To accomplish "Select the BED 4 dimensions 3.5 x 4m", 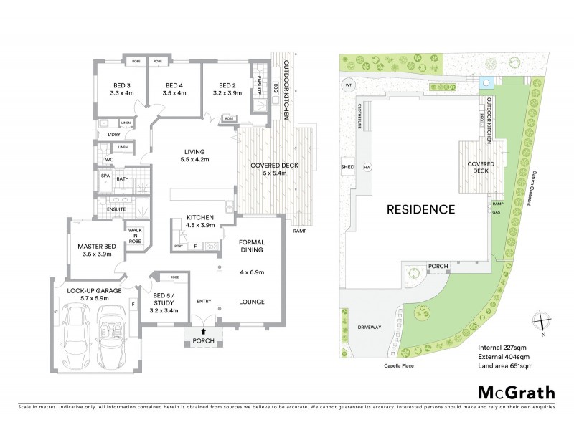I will (x=174, y=93).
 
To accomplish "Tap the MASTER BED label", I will (x=96, y=246).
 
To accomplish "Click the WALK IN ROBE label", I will (x=135, y=235).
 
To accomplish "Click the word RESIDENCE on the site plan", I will (x=421, y=209).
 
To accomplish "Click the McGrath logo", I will (x=517, y=392).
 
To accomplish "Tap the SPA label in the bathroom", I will (x=105, y=176).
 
